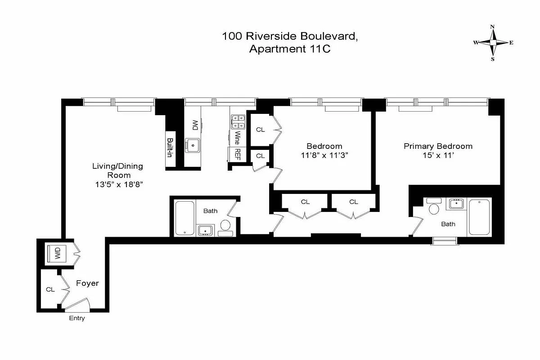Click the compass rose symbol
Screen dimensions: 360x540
click(493, 43)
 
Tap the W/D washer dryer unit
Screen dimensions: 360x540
click(58, 253)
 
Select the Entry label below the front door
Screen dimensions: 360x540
click(76, 319)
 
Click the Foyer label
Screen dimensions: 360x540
click(87, 283)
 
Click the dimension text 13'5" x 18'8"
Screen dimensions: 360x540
click(118, 184)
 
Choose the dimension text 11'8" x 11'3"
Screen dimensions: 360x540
click(324, 155)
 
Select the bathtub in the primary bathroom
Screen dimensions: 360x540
click(479, 217)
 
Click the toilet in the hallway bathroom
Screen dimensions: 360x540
click(225, 225)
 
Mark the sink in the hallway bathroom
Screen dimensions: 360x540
click(206, 230)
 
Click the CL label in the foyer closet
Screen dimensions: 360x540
click(50, 289)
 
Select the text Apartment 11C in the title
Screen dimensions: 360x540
click(290, 49)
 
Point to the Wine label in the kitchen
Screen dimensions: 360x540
click(236, 137)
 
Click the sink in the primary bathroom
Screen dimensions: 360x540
click(457, 204)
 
